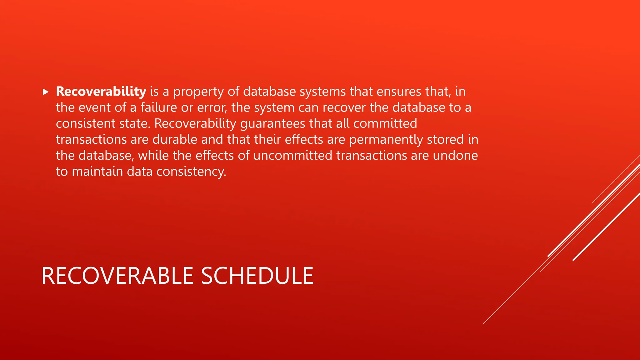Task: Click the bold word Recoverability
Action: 101,92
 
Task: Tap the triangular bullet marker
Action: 46,92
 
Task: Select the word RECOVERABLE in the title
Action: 117,276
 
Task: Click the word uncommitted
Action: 292,156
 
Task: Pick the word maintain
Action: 97,172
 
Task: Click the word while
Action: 153,156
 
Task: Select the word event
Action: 94,108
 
